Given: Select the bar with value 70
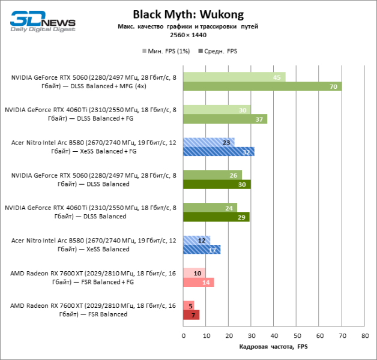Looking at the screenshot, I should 262,86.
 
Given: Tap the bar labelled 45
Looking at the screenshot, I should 234,77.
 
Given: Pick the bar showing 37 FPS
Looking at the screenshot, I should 225,119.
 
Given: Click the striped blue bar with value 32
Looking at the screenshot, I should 219,151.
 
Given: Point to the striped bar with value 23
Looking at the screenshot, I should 208,142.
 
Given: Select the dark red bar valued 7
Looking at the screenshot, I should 191,314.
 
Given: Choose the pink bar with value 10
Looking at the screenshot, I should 194,273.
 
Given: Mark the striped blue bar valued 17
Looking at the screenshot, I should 201,250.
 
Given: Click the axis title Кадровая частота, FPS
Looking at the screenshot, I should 273,347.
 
